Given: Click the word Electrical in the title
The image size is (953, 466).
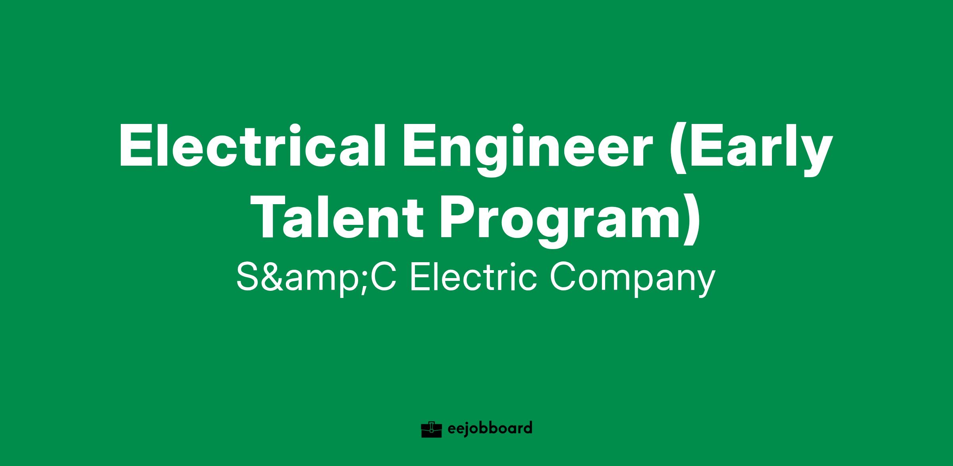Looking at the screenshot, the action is [x=252, y=146].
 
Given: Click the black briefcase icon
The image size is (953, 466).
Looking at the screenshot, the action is [x=432, y=429].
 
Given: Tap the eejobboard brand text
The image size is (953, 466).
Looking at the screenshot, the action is [x=490, y=429].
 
